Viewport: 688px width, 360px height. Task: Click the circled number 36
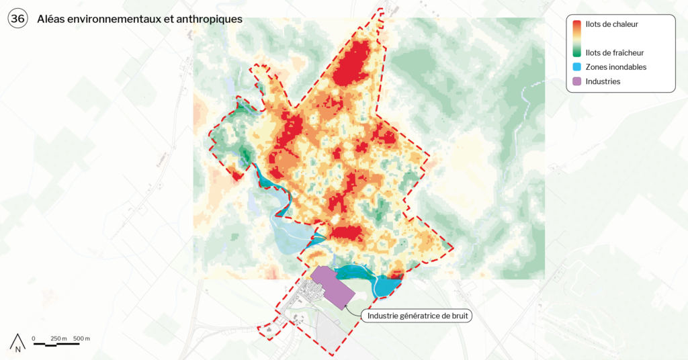coord(17,19)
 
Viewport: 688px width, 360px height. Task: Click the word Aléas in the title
coord(53,19)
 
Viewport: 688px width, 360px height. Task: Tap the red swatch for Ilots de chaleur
coord(576,27)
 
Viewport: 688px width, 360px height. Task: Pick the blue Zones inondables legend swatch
coord(576,67)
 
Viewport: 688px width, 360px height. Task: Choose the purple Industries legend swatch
coord(576,81)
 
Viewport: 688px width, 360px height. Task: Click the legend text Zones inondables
coord(615,67)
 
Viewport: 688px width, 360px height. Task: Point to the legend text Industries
coord(603,81)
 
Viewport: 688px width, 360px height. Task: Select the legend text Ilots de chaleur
coord(611,24)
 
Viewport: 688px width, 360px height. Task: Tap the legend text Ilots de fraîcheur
coord(615,52)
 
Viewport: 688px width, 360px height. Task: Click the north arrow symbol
coord(18,340)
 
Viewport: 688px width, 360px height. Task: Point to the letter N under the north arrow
coord(18,349)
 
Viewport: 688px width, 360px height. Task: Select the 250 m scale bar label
coord(59,338)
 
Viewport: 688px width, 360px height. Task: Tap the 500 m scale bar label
coord(81,338)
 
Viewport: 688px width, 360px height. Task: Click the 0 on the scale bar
coord(34,338)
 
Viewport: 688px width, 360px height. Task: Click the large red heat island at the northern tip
coord(354,64)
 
